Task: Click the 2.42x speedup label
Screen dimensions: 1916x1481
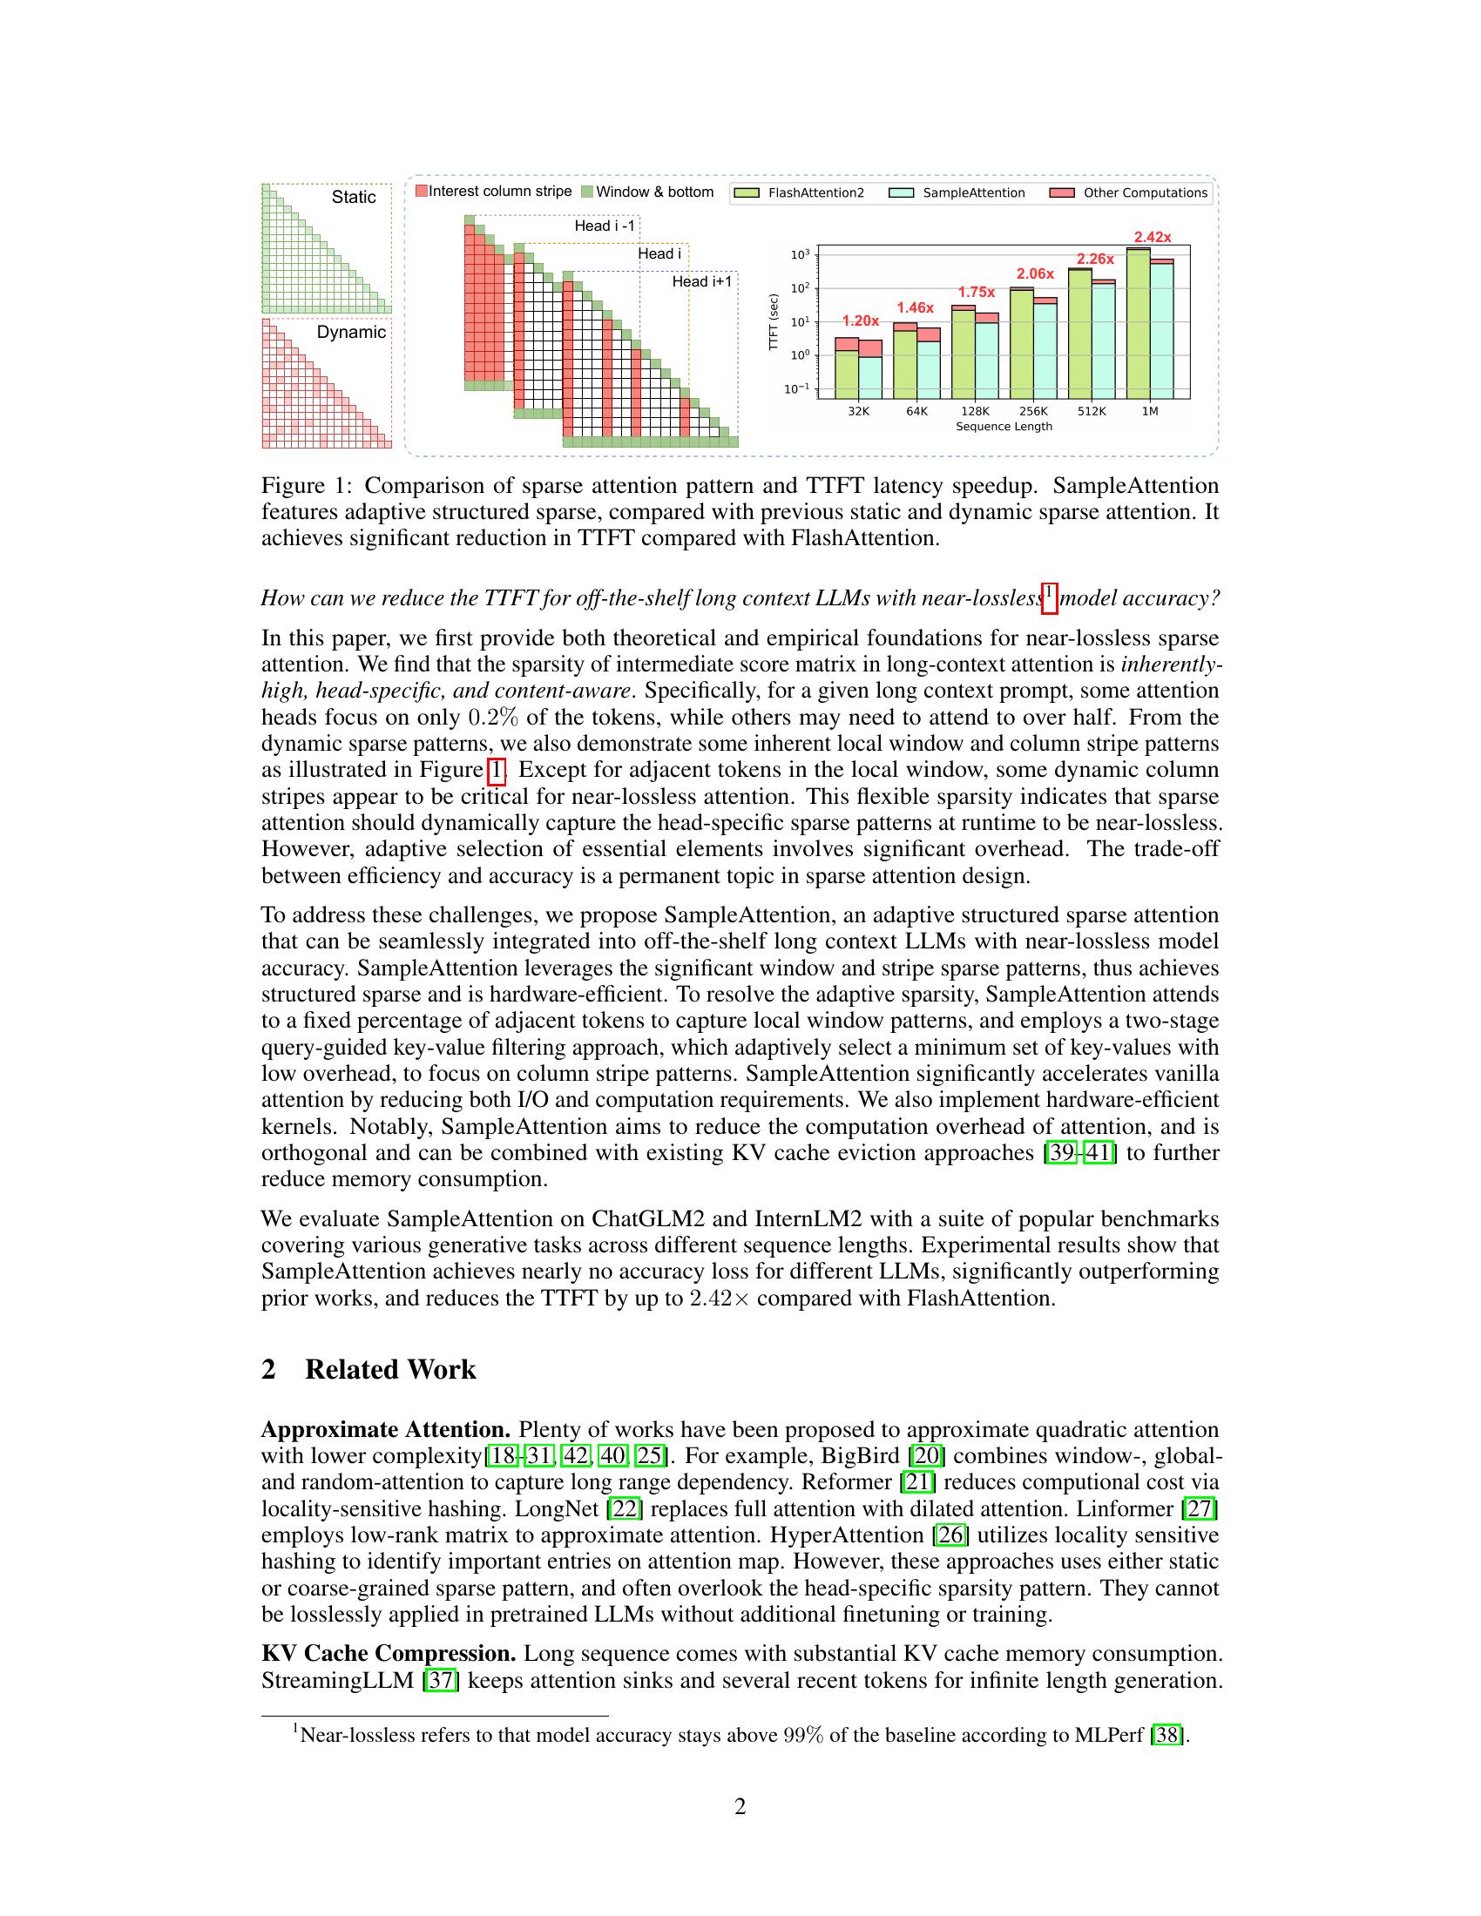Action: [1152, 237]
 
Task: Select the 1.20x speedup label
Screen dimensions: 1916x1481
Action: [860, 320]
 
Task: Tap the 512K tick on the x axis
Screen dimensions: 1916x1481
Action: [1092, 410]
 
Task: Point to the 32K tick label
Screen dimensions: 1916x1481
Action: [858, 410]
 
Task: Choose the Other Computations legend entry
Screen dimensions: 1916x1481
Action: [1145, 193]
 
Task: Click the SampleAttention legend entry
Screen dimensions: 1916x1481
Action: [973, 193]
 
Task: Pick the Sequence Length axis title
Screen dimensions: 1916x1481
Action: [1004, 427]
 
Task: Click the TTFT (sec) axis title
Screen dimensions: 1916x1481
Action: [773, 322]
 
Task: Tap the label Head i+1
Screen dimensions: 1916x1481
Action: [702, 281]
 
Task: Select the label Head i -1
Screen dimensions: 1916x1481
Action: [605, 226]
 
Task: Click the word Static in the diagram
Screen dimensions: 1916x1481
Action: [354, 198]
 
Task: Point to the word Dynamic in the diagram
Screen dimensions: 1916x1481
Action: [351, 332]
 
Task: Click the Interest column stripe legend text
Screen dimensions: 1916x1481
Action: [499, 192]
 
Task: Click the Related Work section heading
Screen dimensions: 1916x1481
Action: [389, 1369]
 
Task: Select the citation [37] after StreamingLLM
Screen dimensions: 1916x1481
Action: [441, 1681]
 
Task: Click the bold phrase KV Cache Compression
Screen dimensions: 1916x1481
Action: [388, 1654]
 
